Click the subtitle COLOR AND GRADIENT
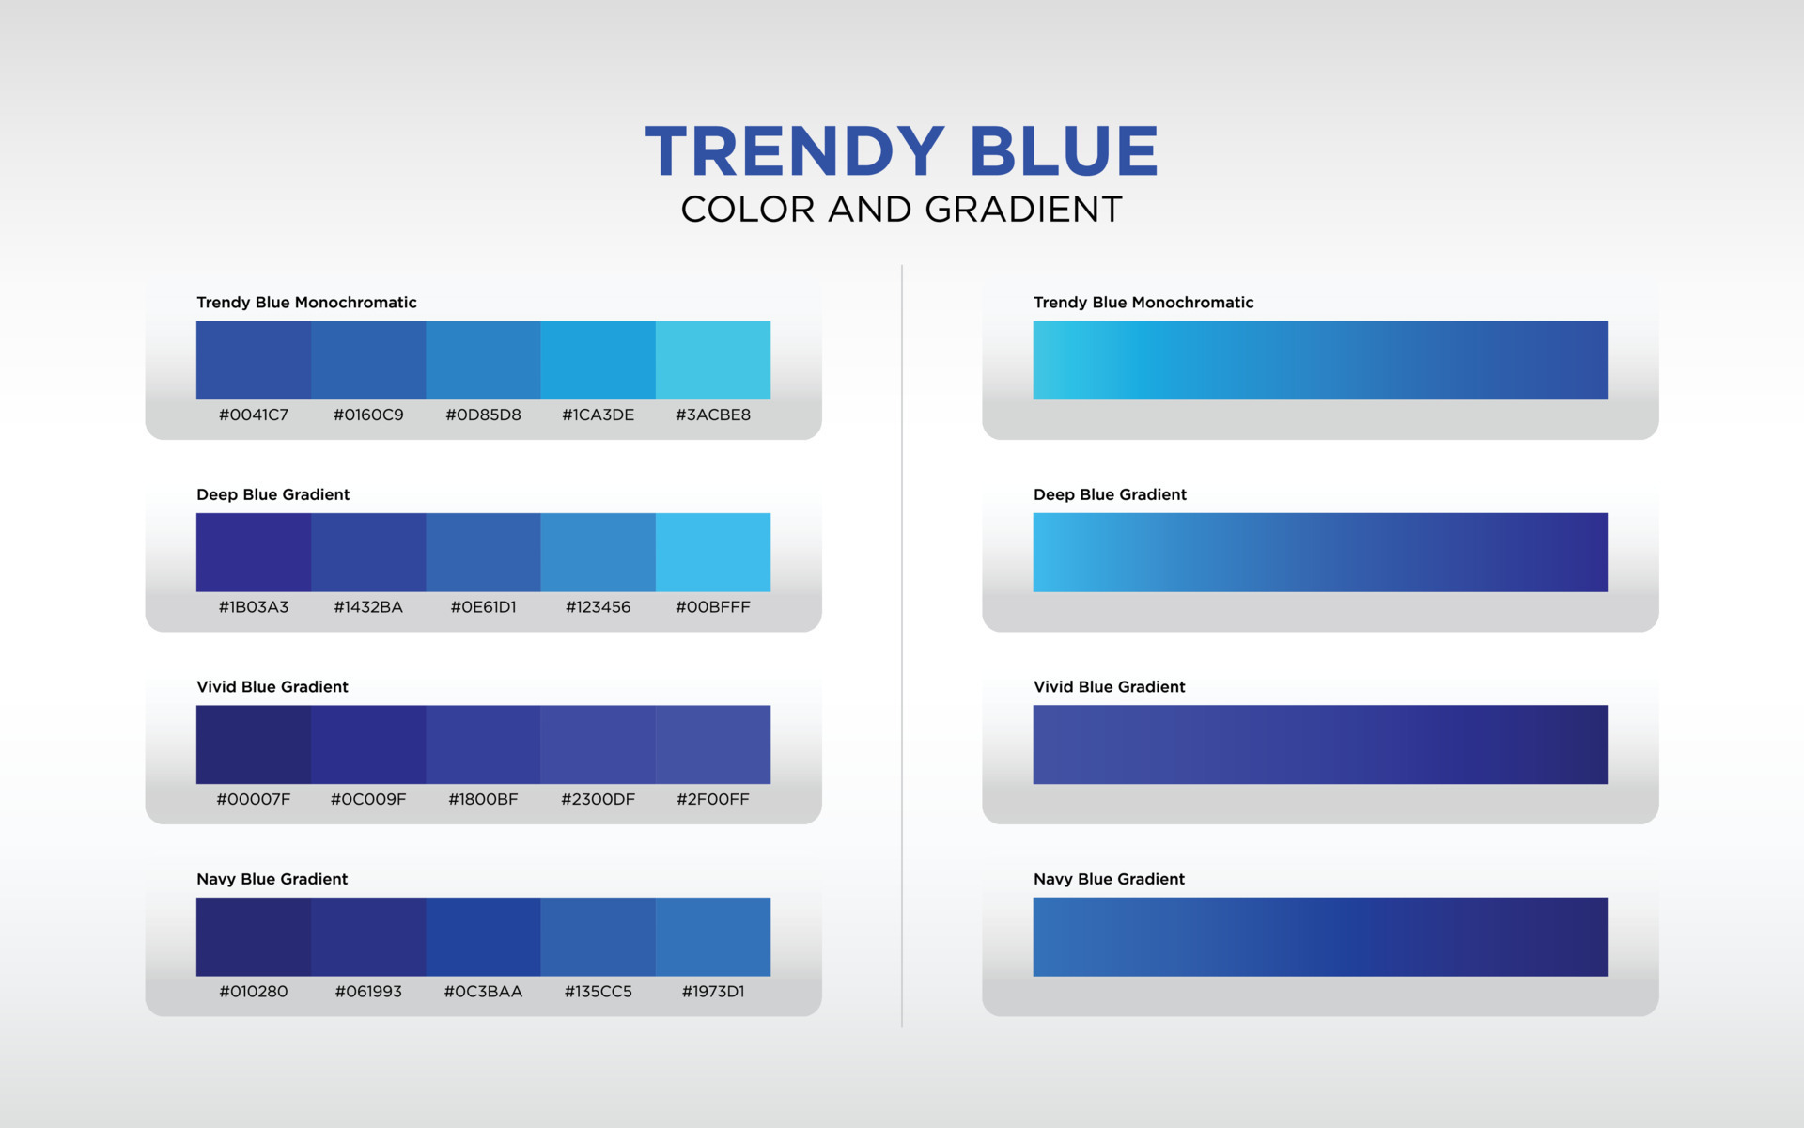pos(901,210)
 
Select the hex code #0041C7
pos(254,415)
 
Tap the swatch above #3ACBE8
pos(713,360)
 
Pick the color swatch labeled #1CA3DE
pos(598,360)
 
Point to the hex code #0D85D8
pos(483,415)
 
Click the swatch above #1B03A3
pos(254,552)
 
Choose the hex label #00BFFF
pos(713,607)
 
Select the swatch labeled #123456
pos(598,552)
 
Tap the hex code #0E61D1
pos(483,607)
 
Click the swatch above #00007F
pos(254,744)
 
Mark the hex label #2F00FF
pos(713,799)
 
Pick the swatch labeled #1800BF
pos(483,744)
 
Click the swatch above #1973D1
pos(713,936)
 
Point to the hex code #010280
pos(254,992)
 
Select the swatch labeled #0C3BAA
pos(483,936)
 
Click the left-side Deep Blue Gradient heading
pos(272,494)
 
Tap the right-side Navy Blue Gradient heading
pos(1109,879)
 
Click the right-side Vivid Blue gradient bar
pos(1320,744)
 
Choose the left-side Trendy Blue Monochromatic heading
pos(306,303)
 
